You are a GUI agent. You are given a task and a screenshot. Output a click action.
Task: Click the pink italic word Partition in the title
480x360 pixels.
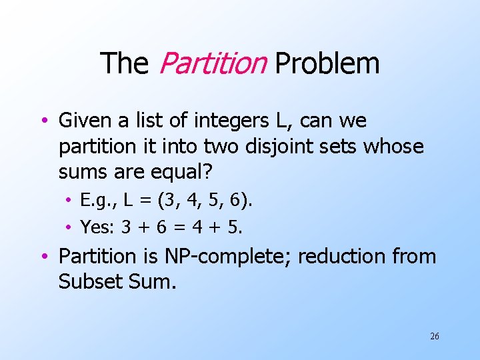[x=213, y=64]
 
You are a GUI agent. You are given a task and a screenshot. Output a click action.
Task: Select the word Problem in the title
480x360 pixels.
[x=327, y=64]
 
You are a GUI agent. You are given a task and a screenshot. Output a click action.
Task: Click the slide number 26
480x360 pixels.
[x=434, y=337]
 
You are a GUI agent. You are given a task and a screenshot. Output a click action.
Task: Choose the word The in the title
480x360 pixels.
[x=123, y=64]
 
